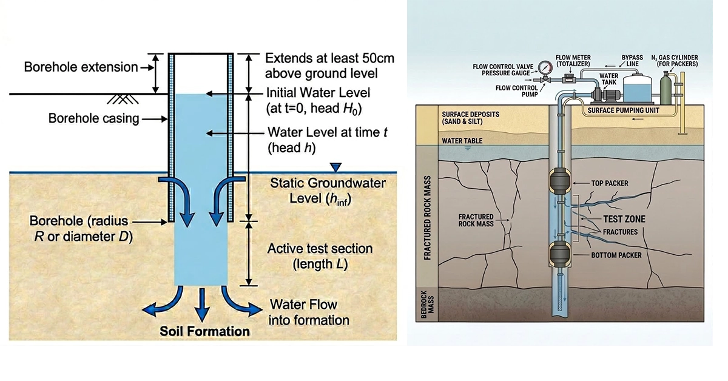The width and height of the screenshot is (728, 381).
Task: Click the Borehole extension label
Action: (81, 67)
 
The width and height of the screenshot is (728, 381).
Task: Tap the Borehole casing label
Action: (93, 118)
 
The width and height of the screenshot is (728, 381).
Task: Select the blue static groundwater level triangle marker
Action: (335, 167)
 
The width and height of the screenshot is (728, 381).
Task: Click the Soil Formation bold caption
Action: (205, 331)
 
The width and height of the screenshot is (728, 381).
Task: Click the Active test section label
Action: (320, 256)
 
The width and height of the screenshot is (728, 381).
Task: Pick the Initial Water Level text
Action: (318, 93)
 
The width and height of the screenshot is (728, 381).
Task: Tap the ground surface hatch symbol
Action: (123, 99)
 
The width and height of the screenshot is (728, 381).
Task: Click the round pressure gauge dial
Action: (545, 68)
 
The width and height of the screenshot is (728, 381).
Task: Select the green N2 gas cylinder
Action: (666, 88)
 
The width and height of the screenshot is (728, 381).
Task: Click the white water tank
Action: (637, 88)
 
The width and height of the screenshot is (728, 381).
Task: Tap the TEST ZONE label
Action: (624, 219)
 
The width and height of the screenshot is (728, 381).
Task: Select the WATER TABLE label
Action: (462, 141)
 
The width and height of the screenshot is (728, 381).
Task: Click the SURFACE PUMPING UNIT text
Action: (623, 110)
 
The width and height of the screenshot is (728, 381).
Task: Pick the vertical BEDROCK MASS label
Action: (428, 305)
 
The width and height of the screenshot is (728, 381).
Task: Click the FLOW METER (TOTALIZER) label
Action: (573, 61)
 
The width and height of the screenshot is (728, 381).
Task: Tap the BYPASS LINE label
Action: (632, 61)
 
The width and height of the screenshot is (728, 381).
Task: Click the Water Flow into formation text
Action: (309, 312)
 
